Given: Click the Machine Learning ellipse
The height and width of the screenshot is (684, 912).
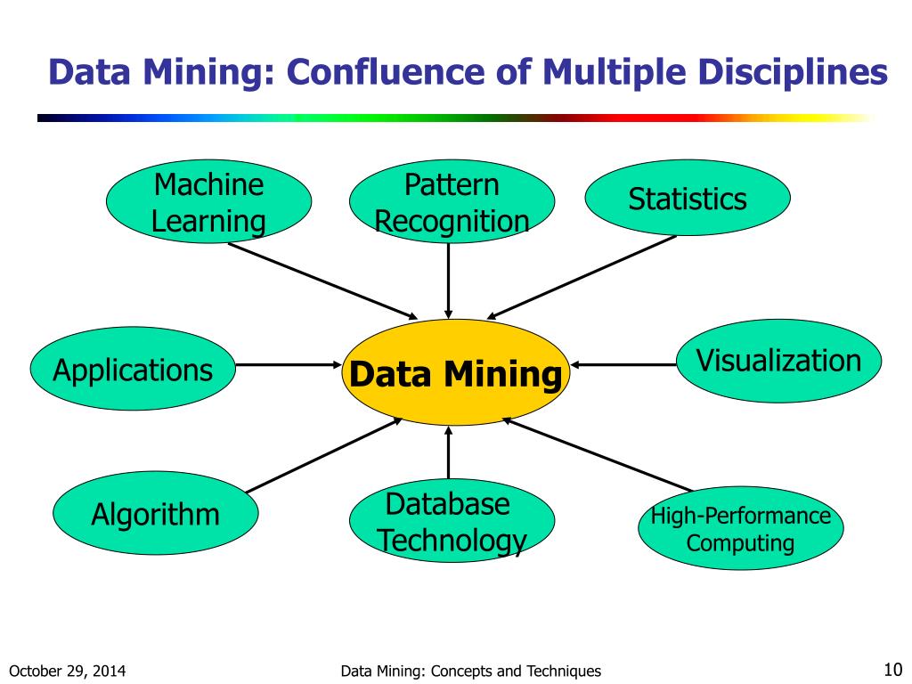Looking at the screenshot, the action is (209, 203).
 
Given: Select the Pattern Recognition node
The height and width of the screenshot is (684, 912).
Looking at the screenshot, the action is (452, 203).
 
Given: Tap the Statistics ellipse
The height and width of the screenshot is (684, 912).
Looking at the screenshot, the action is (687, 199).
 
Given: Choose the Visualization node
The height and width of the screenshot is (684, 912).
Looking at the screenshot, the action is (778, 361).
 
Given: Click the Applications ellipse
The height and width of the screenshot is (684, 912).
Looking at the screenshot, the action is (133, 369).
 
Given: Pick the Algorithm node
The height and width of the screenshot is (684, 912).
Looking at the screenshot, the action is (155, 514).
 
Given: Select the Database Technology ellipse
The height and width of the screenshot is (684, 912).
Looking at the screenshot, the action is (452, 522).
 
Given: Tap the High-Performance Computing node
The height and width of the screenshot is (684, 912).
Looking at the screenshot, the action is (740, 528).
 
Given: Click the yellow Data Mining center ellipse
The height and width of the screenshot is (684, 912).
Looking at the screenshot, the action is (455, 373).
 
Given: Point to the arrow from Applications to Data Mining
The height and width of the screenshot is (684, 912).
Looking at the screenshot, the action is (289, 364).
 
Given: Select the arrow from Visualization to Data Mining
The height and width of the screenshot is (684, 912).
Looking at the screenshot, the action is (623, 364).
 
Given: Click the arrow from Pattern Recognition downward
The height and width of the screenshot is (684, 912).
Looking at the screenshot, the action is (448, 281).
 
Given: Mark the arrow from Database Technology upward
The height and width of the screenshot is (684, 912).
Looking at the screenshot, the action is (448, 454).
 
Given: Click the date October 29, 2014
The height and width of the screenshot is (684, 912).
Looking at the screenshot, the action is (67, 672).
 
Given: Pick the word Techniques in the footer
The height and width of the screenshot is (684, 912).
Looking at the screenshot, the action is (560, 672).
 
